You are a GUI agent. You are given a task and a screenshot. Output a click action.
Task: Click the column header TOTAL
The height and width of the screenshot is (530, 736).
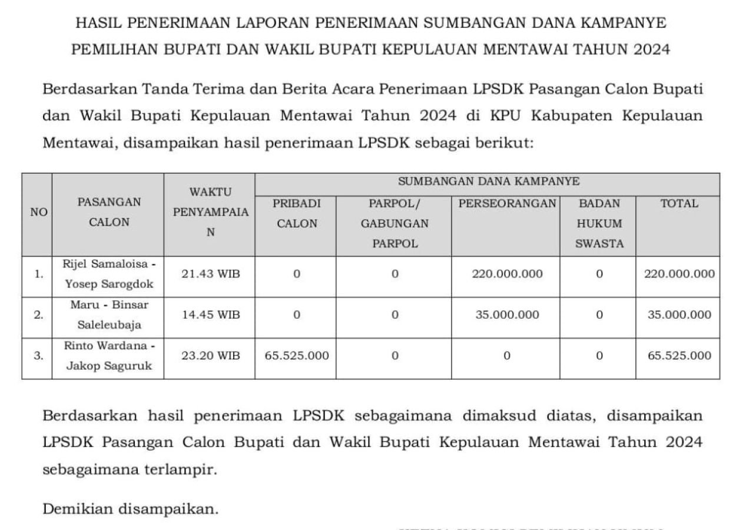[678, 204]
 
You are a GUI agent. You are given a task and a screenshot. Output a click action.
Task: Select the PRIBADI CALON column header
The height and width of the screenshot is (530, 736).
[297, 214]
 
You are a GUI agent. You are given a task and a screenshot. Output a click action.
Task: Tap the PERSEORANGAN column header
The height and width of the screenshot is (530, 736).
[506, 204]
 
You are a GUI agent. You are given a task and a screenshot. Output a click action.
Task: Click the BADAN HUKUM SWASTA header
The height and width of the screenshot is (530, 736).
[598, 224]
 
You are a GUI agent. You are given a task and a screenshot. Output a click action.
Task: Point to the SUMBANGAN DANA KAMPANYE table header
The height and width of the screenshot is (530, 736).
[488, 181]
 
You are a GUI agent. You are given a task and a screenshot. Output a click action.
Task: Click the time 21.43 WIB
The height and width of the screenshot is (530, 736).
[211, 274]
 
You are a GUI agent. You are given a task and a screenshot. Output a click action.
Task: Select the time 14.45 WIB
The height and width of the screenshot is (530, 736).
[211, 315]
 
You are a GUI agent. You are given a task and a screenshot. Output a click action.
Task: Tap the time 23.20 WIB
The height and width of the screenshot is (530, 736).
[211, 356]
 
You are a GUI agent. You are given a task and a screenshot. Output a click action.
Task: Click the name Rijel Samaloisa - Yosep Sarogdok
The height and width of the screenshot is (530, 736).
[108, 274]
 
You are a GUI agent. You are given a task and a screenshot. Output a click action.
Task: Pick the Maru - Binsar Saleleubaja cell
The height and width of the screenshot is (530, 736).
[108, 315]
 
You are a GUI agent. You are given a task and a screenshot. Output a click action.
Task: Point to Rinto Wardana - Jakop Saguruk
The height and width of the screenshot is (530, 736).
[108, 356]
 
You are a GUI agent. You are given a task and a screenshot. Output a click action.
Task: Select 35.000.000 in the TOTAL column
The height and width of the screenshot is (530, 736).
[679, 315]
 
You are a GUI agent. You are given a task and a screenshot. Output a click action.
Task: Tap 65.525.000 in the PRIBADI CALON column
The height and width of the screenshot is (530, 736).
[297, 356]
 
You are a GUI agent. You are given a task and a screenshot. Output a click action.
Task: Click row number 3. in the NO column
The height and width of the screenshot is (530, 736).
[38, 356]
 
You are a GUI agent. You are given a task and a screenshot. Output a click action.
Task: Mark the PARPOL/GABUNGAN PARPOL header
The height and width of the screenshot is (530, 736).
[394, 224]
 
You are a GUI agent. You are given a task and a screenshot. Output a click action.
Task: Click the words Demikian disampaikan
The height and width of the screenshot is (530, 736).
[131, 508]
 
